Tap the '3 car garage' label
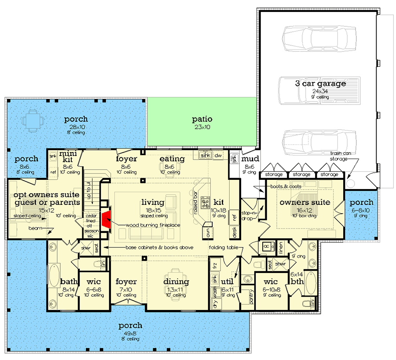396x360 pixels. [320, 84]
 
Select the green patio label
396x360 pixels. [202, 119]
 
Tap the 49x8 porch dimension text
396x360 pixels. [130, 333]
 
